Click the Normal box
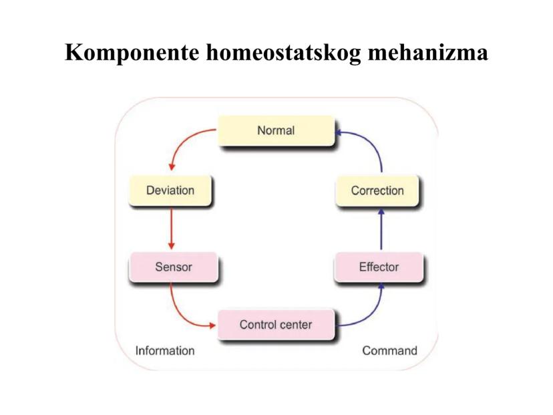276,130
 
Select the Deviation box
170,190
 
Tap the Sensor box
174,267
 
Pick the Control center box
276,325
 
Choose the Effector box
379,267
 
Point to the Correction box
377,190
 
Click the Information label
165,350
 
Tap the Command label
389,350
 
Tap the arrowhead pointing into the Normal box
339,132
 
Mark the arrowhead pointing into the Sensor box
172,247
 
